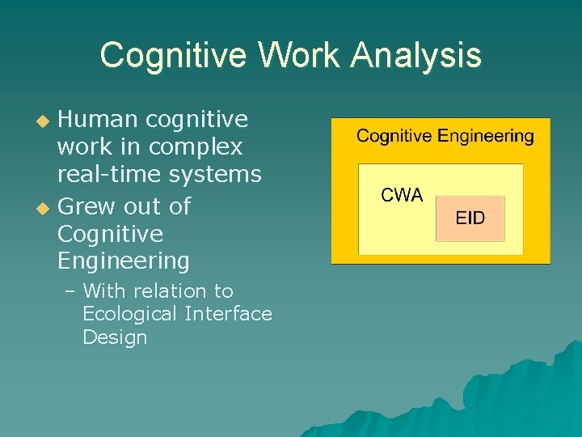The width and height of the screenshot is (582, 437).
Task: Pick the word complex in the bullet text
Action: coord(196,147)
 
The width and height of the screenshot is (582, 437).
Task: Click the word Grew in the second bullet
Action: coord(87,207)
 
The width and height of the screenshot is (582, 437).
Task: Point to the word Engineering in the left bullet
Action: coord(123,261)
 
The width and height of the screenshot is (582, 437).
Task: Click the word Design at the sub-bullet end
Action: coord(115,337)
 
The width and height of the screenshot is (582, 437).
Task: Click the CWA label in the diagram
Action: coord(402,196)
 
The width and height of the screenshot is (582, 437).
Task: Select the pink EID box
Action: coord(470,218)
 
